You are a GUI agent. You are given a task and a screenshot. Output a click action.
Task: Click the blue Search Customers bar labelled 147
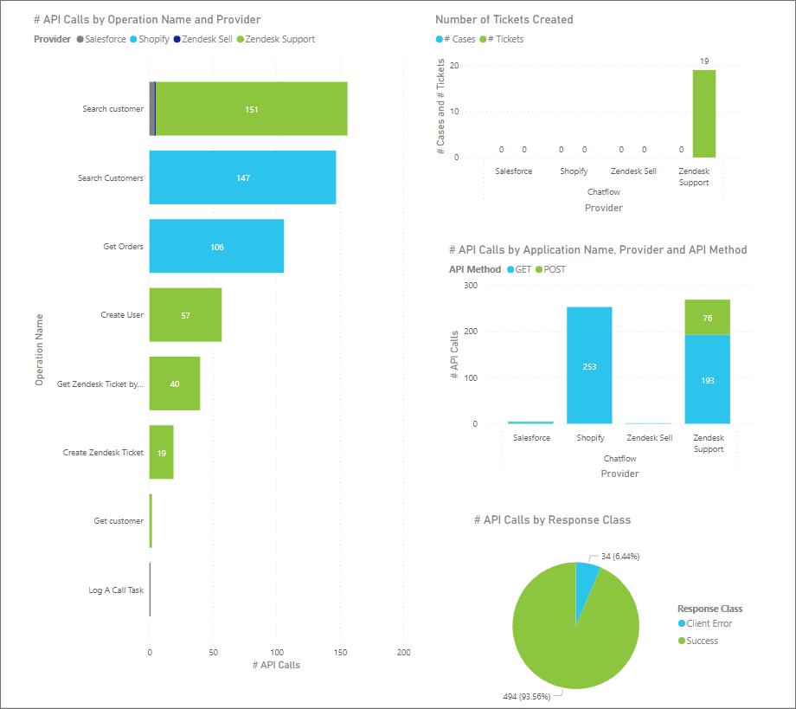tap(242, 177)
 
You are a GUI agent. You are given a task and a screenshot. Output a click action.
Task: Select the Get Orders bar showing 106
tap(216, 247)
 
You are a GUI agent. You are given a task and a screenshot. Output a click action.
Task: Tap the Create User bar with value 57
tap(185, 315)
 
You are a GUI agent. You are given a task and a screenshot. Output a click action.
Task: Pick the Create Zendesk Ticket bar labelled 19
tap(162, 453)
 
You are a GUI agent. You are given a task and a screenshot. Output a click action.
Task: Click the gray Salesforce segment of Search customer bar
tap(153, 109)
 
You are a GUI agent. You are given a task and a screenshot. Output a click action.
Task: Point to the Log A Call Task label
tap(116, 590)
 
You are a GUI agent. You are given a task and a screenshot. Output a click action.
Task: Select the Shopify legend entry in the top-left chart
tap(149, 39)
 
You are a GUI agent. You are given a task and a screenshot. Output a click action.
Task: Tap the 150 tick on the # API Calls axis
tap(340, 651)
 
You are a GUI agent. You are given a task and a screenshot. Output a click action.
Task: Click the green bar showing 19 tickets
tap(703, 113)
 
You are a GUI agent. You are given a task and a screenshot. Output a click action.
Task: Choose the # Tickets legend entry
tap(506, 39)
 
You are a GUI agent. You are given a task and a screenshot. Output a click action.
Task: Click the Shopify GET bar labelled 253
tap(589, 365)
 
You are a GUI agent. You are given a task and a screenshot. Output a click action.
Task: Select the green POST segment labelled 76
tap(707, 318)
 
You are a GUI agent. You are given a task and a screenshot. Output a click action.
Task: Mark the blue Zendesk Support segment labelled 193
tap(707, 379)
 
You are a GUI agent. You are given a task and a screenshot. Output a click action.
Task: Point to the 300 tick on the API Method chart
tap(470, 285)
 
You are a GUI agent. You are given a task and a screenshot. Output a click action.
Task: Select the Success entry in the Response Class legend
tap(702, 641)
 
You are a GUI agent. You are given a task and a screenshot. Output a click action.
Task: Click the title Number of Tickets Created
tap(504, 19)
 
